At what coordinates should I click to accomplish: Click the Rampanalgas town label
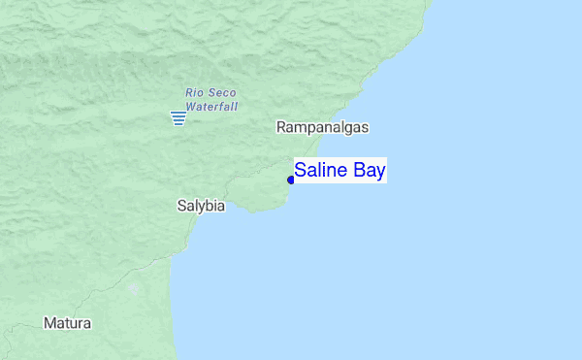322,127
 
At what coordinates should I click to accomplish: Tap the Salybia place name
201,206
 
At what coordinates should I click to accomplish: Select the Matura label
67,323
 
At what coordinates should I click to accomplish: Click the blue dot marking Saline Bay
291,180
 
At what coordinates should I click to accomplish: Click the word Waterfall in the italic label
211,106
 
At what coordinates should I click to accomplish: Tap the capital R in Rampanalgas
281,127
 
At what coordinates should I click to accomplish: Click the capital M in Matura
48,323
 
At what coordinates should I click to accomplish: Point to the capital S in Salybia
181,206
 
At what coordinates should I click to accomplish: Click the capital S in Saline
301,171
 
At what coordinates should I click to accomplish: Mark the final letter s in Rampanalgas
366,127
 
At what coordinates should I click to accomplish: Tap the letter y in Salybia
200,207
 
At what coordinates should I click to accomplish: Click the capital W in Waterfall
191,106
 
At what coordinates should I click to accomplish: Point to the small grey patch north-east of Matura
133,288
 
